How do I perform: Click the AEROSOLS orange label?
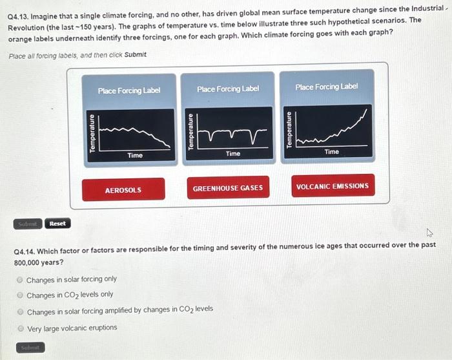[x=123, y=190]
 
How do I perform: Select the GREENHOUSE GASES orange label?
[x=228, y=188]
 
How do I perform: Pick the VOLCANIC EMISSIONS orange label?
[x=332, y=186]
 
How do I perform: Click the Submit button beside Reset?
[x=28, y=224]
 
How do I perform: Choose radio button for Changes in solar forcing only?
[x=20, y=279]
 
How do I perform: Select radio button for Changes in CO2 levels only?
[x=20, y=295]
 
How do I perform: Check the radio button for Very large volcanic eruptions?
[x=20, y=328]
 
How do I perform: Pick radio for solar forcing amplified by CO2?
[x=20, y=310]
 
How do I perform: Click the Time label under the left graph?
[x=135, y=155]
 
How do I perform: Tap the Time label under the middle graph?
[x=233, y=153]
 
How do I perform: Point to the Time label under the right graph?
[x=331, y=151]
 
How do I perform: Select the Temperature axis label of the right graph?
[x=290, y=130]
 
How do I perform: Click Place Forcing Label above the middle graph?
[x=228, y=89]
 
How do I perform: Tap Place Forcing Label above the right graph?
[x=327, y=87]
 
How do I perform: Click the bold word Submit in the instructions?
[x=136, y=54]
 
